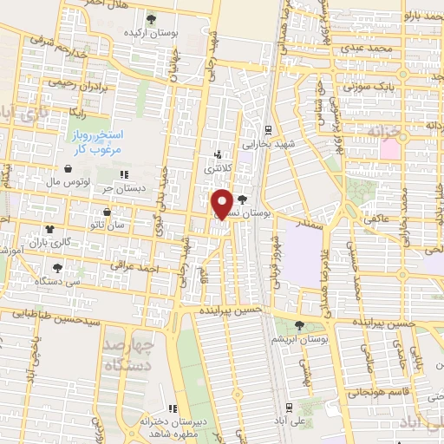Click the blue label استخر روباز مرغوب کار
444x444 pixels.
(x=97, y=143)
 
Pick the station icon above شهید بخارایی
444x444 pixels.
(x=269, y=129)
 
